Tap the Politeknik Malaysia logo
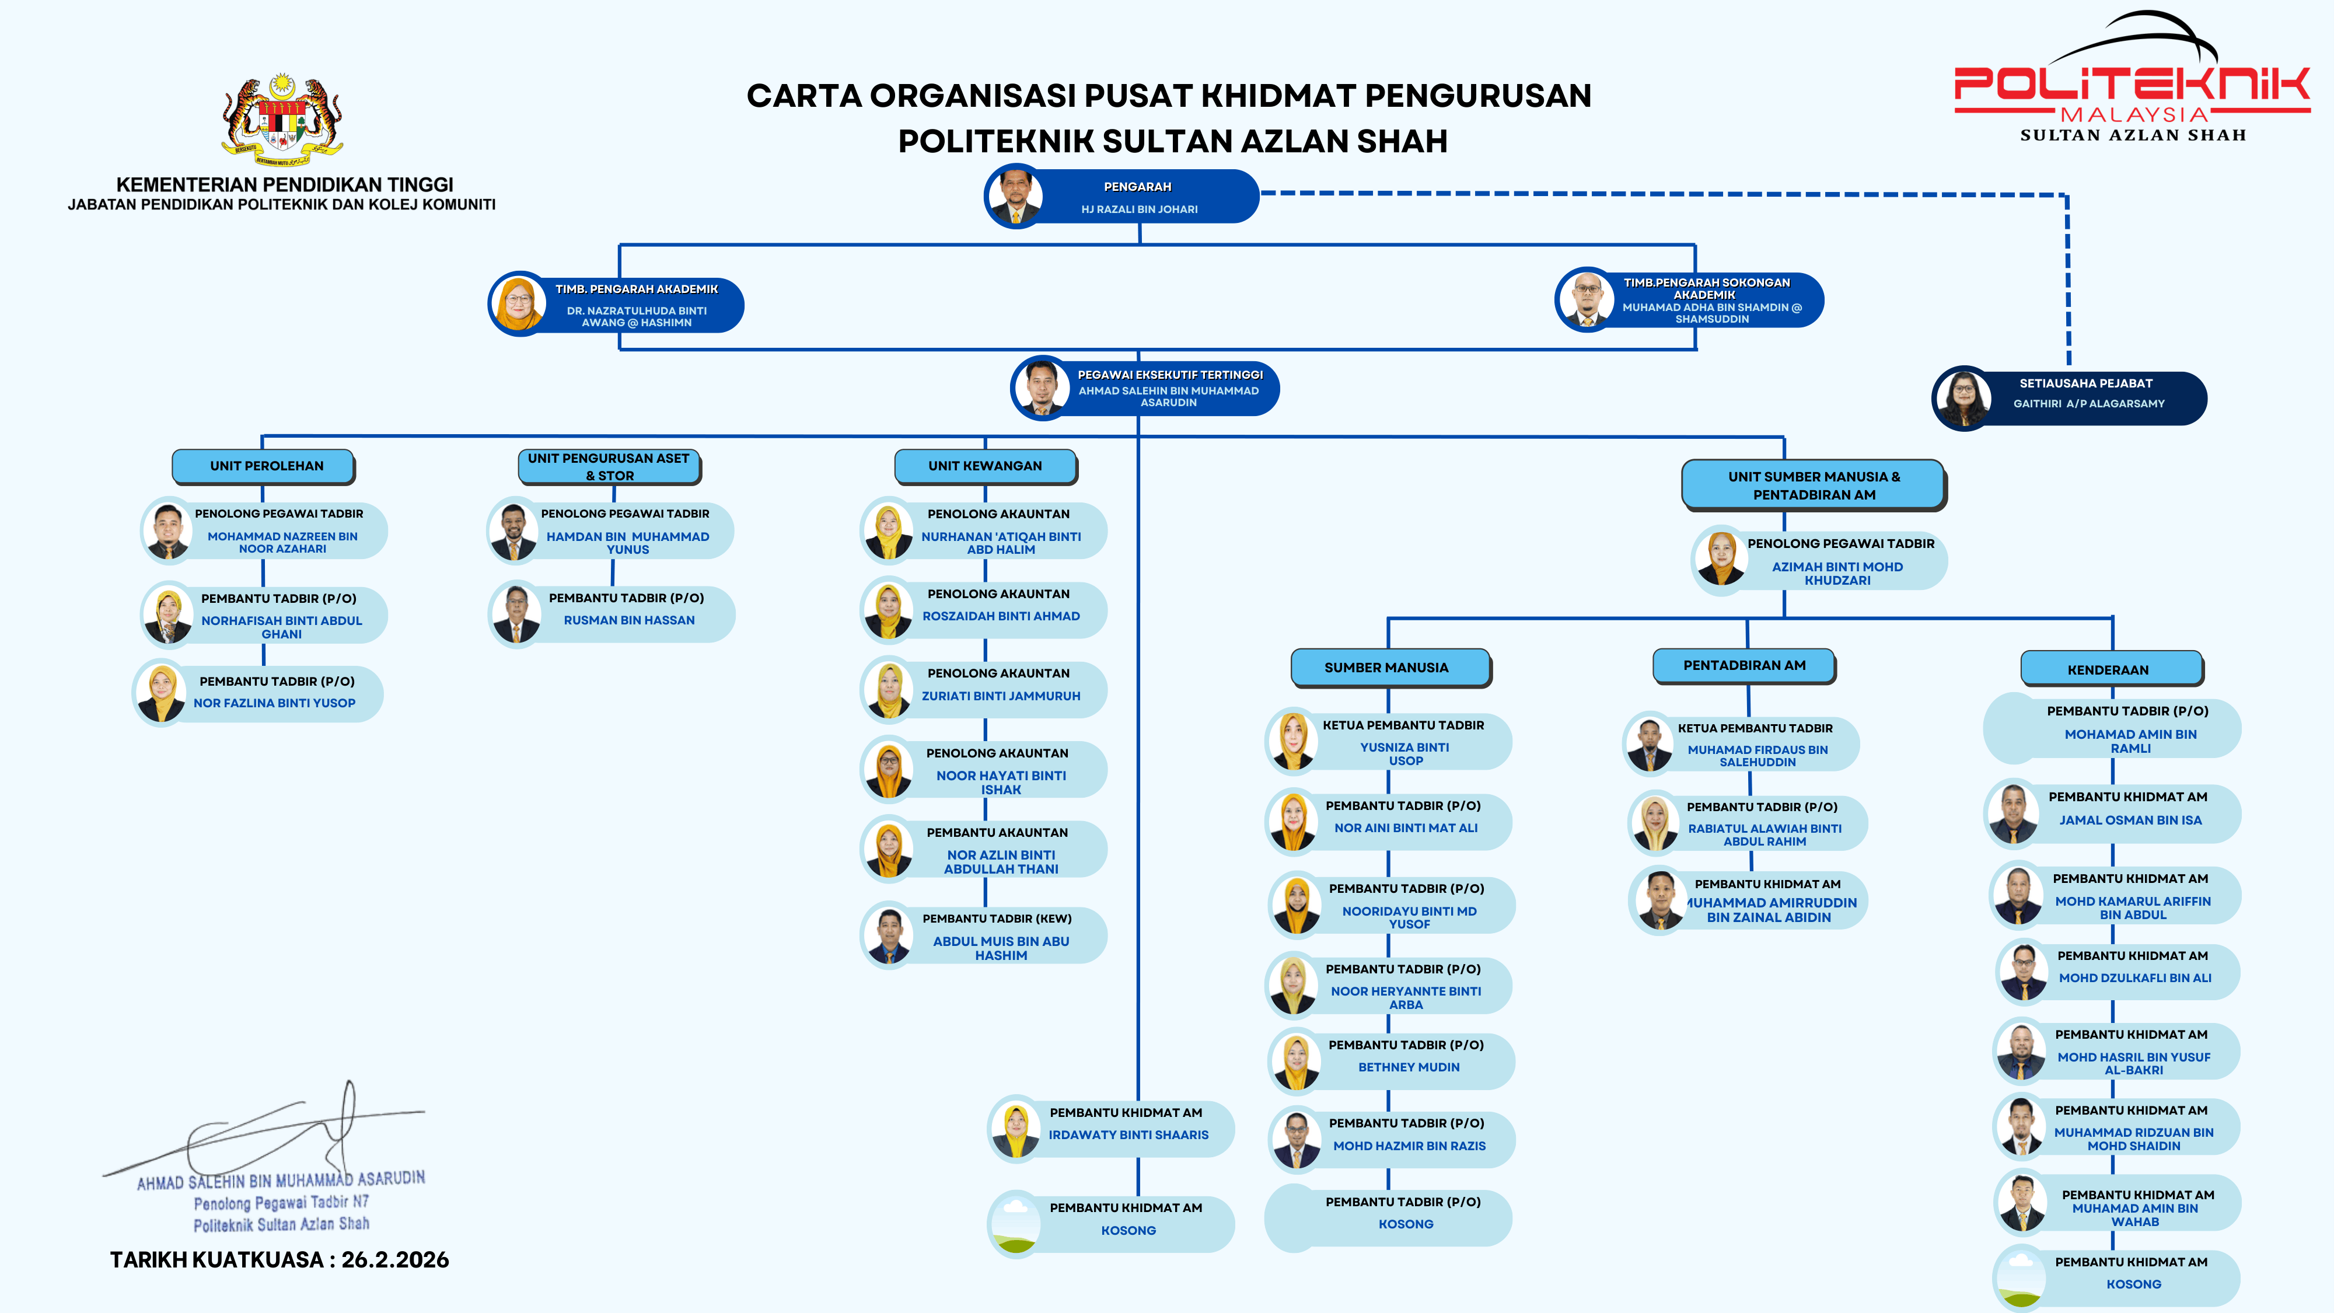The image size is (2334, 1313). pyautogui.click(x=2131, y=82)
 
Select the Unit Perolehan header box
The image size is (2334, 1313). pyautogui.click(x=264, y=466)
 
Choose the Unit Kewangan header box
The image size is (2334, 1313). pyautogui.click(x=985, y=466)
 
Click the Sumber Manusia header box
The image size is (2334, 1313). pyautogui.click(x=1388, y=668)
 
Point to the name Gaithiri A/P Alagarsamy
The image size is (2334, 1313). pyautogui.click(x=2088, y=404)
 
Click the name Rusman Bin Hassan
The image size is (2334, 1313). pyautogui.click(x=629, y=621)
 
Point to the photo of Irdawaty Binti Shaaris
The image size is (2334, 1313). pyautogui.click(x=1016, y=1129)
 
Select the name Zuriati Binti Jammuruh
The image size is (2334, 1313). pyautogui.click(x=1000, y=696)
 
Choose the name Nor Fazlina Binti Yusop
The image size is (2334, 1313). pyautogui.click(x=274, y=703)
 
